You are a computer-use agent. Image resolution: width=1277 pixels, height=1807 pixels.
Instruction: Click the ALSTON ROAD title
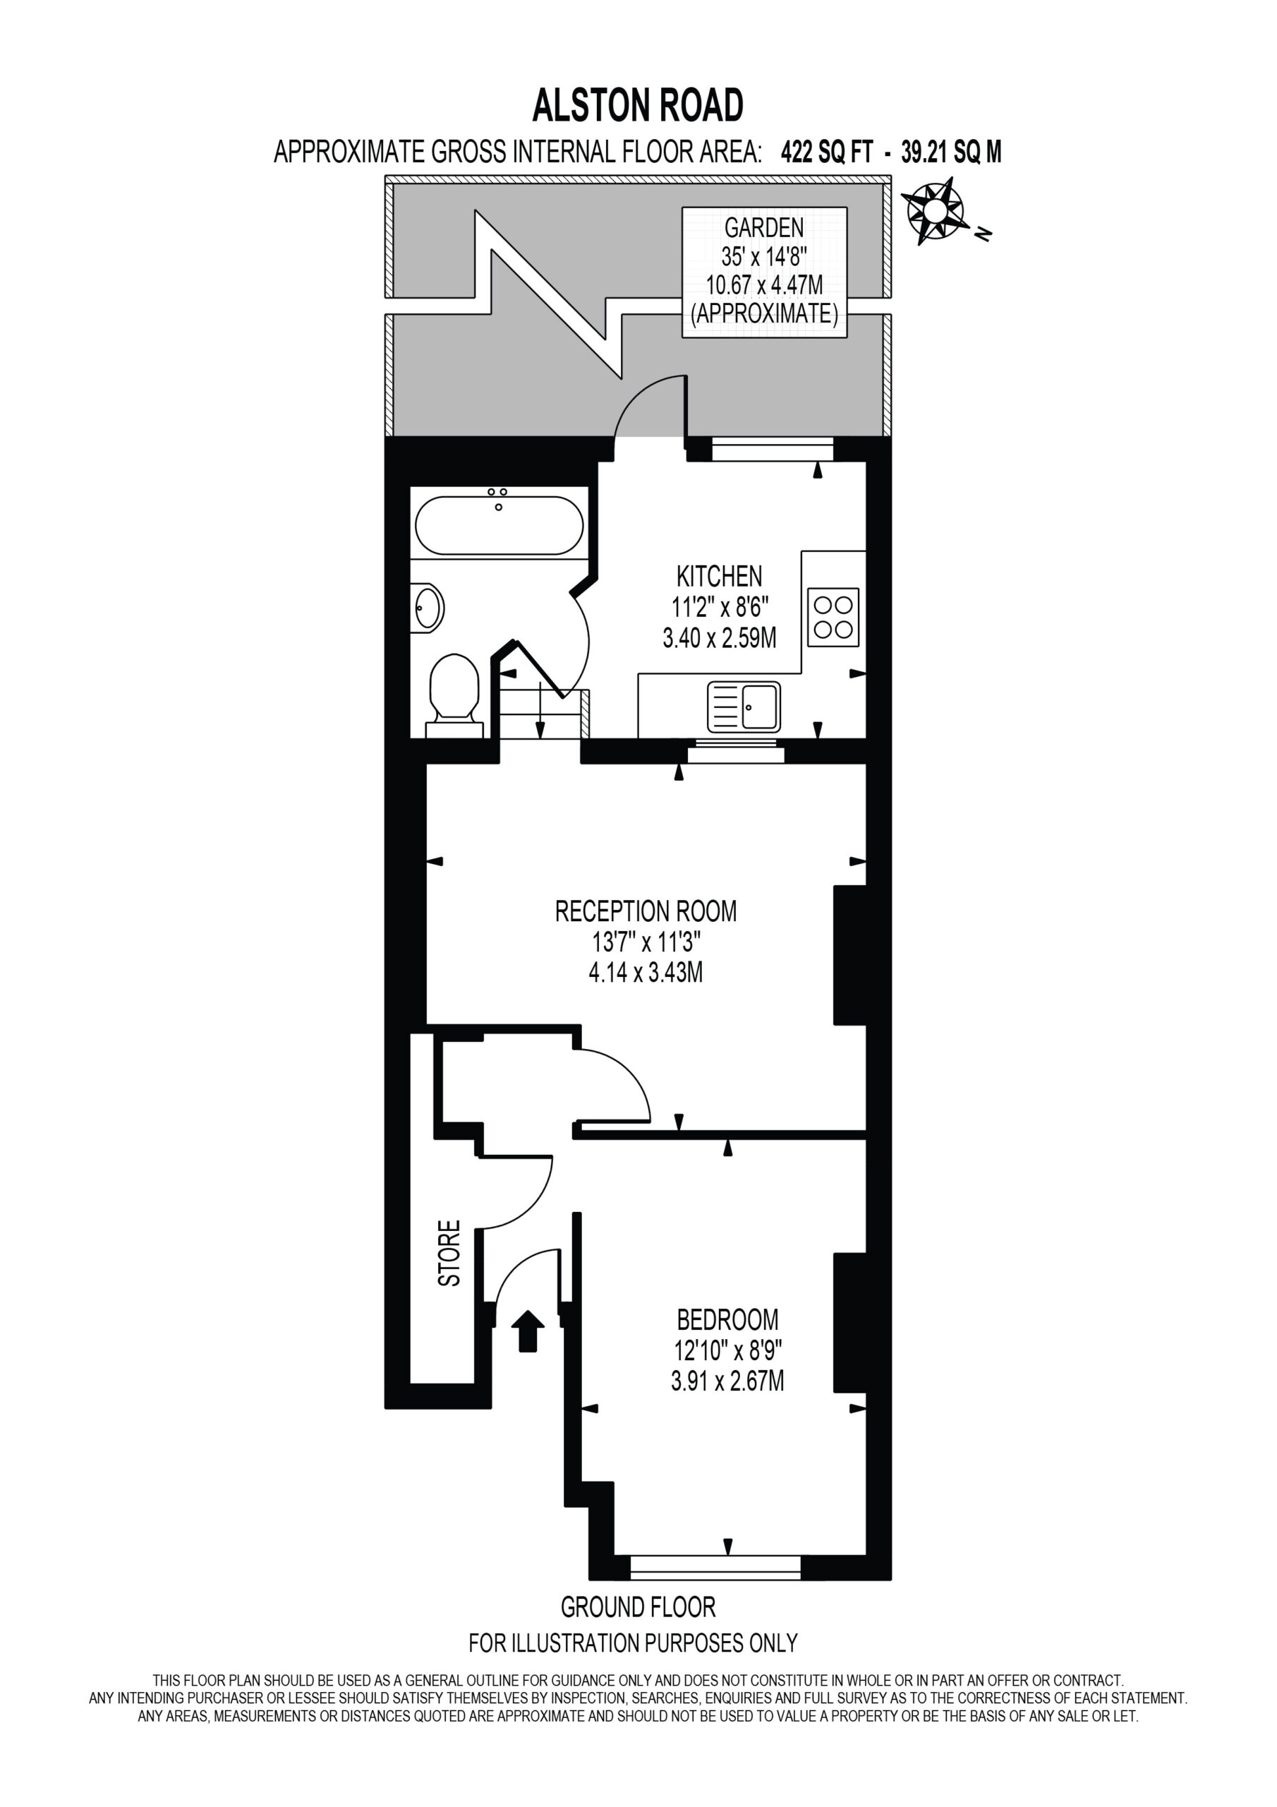pyautogui.click(x=637, y=105)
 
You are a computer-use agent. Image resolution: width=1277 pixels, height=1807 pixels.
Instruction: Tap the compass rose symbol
pyautogui.click(x=936, y=211)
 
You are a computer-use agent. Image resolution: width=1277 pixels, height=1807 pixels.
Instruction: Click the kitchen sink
pyautogui.click(x=744, y=706)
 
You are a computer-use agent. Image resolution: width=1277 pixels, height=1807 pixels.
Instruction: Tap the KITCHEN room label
pyautogui.click(x=719, y=577)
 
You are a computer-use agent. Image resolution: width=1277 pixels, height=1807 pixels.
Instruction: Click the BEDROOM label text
pyautogui.click(x=728, y=1319)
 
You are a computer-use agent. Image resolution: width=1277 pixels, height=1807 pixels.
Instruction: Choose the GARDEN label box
pyautogui.click(x=764, y=272)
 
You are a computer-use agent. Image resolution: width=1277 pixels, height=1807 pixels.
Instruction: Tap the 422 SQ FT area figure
pyautogui.click(x=826, y=152)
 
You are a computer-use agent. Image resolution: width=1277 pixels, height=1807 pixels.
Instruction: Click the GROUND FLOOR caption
pyautogui.click(x=638, y=1607)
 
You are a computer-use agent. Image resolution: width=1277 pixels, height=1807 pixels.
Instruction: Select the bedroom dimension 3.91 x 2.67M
pyautogui.click(x=728, y=1381)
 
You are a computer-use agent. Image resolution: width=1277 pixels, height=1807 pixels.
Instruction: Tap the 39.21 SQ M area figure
pyautogui.click(x=950, y=152)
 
